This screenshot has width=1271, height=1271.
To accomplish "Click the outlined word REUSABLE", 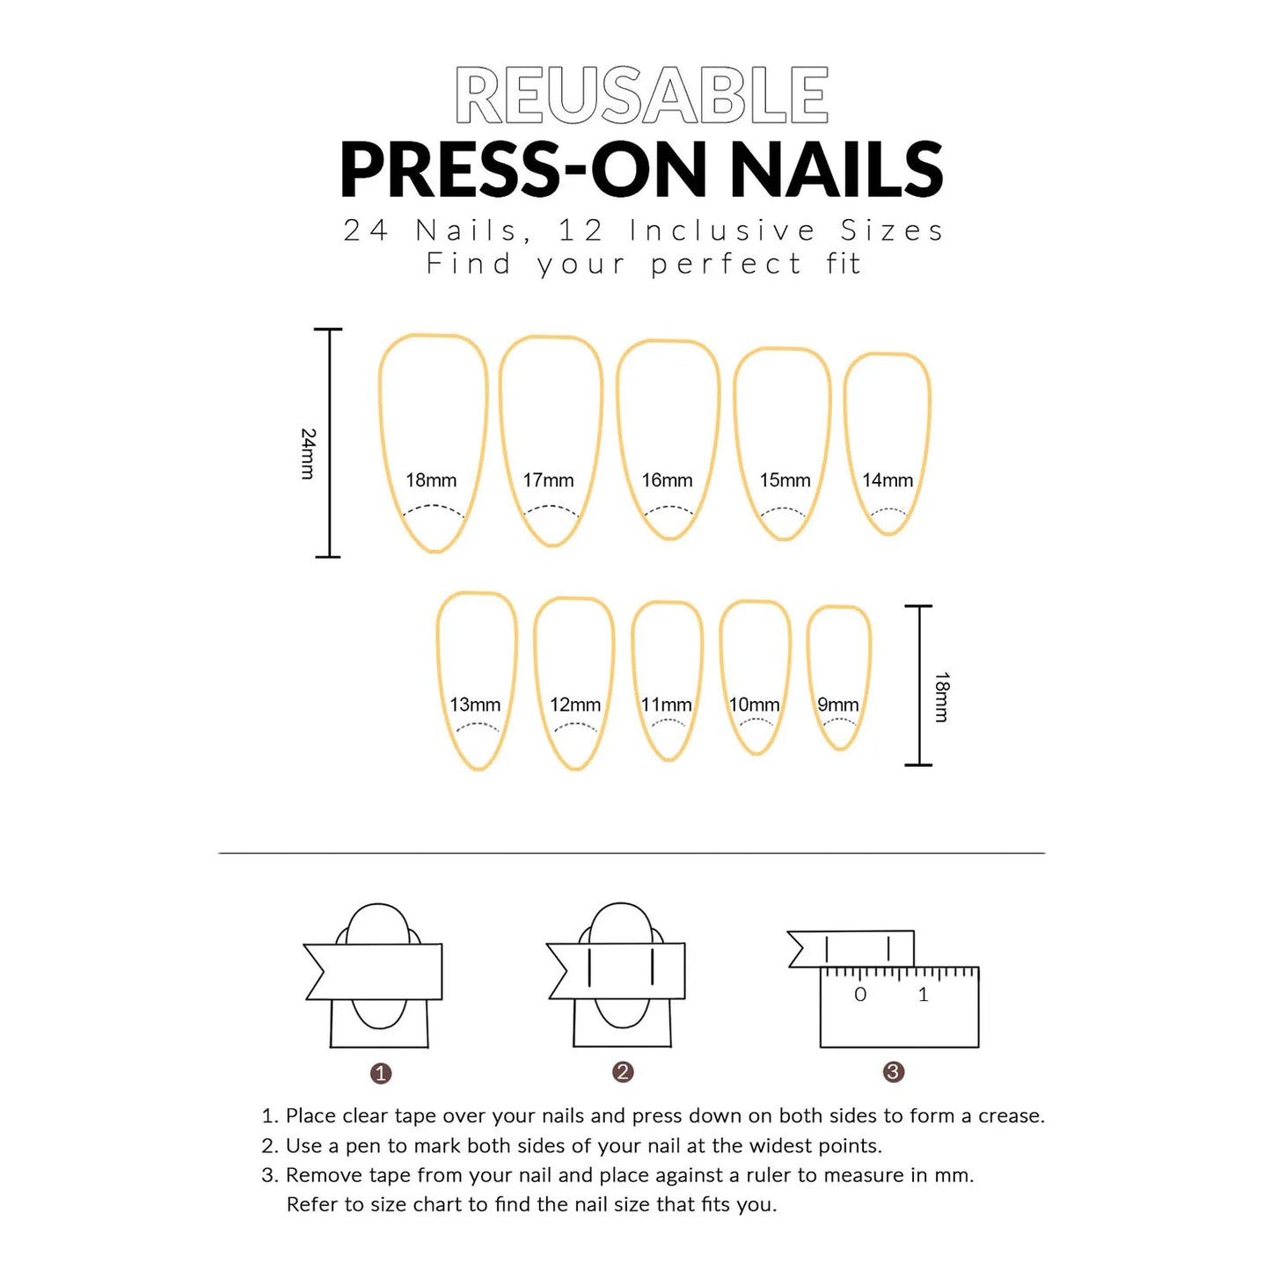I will coord(642,96).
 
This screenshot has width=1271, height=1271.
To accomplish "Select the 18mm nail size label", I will coord(431,480).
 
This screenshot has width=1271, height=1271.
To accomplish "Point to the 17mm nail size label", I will coord(548,480).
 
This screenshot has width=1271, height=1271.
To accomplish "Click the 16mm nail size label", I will coord(667,480).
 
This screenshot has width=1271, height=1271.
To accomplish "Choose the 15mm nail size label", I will coord(785,480).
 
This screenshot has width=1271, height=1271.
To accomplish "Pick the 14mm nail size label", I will coord(887,480).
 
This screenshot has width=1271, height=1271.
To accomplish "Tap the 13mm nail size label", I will coord(475,705).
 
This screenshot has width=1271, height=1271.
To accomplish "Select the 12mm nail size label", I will coord(575,705).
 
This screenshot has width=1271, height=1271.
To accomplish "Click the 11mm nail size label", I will coord(666,705).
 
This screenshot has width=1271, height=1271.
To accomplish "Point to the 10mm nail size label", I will coord(754,705).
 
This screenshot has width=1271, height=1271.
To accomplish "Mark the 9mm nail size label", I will coord(837,705).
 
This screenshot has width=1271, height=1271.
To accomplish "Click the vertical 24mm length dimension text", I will coord(307,453).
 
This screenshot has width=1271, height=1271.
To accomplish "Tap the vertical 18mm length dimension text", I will coord(942,697).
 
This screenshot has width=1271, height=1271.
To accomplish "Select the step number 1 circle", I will coord(381,1073).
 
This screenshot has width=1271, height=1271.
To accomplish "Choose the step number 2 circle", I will coord(623,1071).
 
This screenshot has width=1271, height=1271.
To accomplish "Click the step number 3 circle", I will coord(893,1071).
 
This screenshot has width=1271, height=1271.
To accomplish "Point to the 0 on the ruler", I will coord(860,995).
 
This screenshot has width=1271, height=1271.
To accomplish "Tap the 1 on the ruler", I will coord(923,995).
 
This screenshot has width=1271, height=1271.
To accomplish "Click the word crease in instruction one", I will coord(1010,1116).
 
